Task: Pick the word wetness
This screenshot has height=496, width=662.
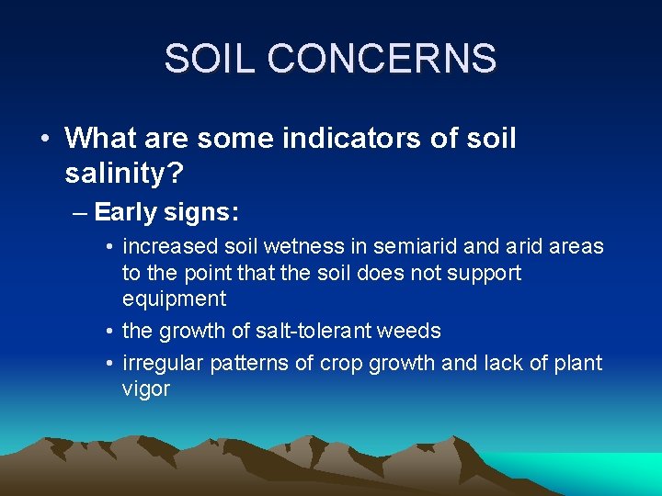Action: (286, 247)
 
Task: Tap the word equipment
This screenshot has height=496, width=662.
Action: (174, 299)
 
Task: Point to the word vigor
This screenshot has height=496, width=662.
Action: (146, 389)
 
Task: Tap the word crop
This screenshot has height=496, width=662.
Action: (340, 363)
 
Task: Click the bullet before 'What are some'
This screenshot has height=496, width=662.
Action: (44, 139)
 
